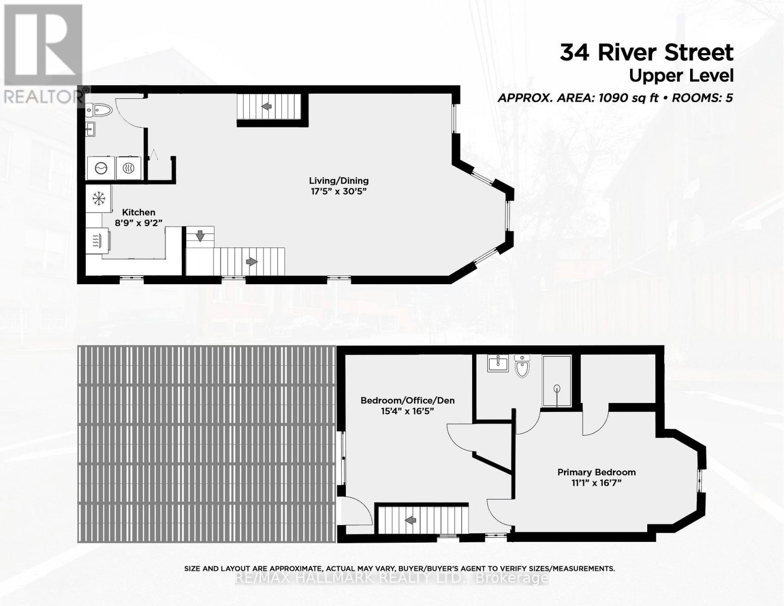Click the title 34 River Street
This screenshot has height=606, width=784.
(x=646, y=53)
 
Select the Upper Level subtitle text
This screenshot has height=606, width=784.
(x=681, y=76)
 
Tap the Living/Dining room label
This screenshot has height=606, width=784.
(x=339, y=180)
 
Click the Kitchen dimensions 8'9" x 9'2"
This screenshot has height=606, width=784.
(x=139, y=223)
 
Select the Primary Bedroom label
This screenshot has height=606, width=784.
(x=596, y=472)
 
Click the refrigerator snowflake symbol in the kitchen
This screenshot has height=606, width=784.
(x=98, y=198)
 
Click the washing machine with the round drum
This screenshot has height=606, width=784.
(x=101, y=168)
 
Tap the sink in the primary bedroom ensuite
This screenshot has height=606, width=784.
(x=498, y=363)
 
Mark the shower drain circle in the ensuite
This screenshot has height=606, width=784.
(x=557, y=388)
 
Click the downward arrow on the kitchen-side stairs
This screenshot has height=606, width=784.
(x=200, y=235)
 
